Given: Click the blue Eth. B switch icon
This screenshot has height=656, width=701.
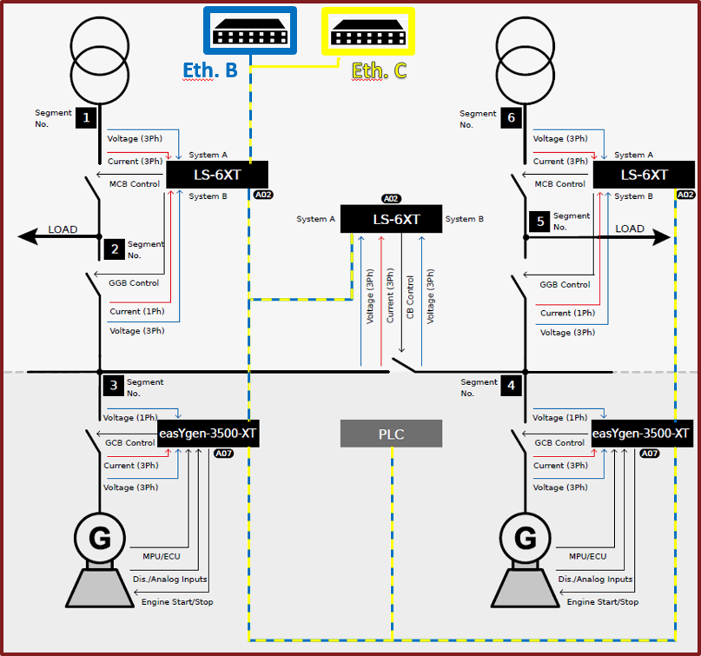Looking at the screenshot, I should point(250,31).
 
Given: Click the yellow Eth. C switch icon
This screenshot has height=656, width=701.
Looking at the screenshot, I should point(368,31).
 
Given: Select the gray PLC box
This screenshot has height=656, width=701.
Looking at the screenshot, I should point(391,434).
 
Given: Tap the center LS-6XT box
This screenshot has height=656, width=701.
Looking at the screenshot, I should point(391,219).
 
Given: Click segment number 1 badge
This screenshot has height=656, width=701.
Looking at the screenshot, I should point(85,117).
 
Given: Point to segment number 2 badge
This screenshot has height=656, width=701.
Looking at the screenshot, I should point(114,249).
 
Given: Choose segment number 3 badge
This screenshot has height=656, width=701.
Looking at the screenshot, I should point(113,385).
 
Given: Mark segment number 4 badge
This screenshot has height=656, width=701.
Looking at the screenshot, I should point(511,385).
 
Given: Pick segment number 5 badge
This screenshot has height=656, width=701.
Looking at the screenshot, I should point(539,222).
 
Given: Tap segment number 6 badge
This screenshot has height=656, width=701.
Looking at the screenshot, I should point(511,117).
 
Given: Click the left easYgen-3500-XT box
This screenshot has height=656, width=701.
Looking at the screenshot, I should point(208,434).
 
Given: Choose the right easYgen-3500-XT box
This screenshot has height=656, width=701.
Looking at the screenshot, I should point(641,434).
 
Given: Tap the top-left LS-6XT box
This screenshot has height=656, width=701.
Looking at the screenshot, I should point(217,175).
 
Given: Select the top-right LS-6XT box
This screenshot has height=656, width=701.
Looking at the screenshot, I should point(643,175).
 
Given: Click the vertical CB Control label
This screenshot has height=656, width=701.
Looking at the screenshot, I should point(410,297).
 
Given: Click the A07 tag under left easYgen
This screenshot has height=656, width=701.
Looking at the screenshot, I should point(223,454).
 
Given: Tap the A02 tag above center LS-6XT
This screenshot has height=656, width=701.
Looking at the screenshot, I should point(391,199).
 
